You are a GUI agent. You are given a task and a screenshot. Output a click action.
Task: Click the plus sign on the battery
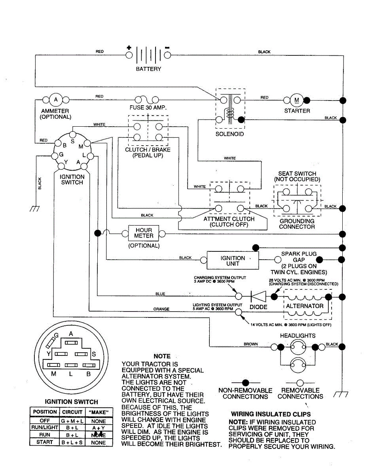pyautogui.click(x=129, y=47)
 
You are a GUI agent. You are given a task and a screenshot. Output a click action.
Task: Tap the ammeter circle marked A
pyautogui.click(x=56, y=99)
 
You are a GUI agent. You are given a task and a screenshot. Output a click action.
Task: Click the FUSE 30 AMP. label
pyautogui.click(x=148, y=108)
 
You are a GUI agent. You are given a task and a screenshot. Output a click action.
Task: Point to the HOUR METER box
pyautogui.click(x=144, y=233)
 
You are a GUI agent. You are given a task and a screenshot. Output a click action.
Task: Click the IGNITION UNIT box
pyautogui.click(x=233, y=260)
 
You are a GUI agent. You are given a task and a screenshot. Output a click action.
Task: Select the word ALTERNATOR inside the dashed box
pyautogui.click(x=305, y=306)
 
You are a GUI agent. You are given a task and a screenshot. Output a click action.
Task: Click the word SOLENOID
pyautogui.click(x=229, y=134)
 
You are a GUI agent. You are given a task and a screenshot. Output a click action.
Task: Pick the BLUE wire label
pyautogui.click(x=160, y=294)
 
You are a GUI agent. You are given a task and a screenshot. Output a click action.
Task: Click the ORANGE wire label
pyautogui.click(x=161, y=309)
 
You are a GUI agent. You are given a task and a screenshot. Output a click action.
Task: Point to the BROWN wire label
pyautogui.click(x=251, y=344)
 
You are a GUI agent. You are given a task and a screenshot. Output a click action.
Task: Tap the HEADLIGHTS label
pyautogui.click(x=298, y=336)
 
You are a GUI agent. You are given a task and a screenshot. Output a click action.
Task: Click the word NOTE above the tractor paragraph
pyautogui.click(x=162, y=356)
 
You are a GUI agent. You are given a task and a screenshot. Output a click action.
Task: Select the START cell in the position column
pyautogui.click(x=45, y=442)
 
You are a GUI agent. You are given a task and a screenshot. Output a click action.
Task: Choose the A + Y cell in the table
pyautogui.click(x=99, y=428)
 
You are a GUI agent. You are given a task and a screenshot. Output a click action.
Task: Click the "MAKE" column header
pyautogui.click(x=99, y=412)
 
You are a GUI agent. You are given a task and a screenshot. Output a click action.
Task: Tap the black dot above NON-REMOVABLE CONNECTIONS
pyautogui.click(x=245, y=382)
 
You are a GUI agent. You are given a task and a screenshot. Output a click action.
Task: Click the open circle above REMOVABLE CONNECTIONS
pyautogui.click(x=300, y=382)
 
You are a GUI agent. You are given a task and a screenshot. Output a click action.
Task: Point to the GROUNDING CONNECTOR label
pyautogui.click(x=297, y=224)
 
